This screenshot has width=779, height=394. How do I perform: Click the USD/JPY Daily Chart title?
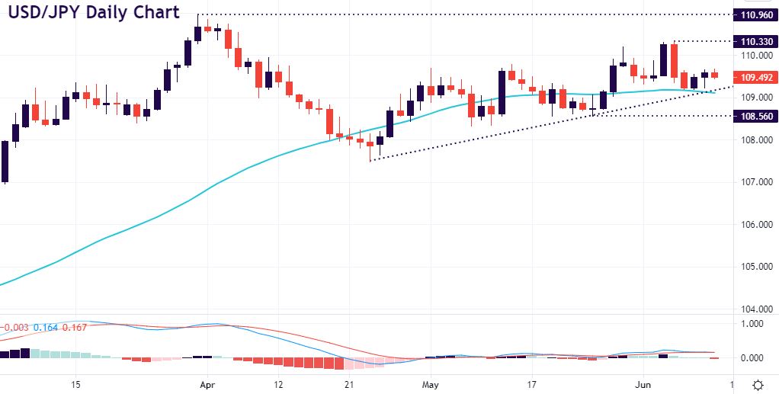pyautogui.click(x=92, y=13)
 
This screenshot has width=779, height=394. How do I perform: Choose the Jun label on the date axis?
pyautogui.click(x=643, y=384)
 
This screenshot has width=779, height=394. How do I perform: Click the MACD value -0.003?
pyautogui.click(x=15, y=327)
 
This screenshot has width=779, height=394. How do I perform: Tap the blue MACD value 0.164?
pyautogui.click(x=49, y=327)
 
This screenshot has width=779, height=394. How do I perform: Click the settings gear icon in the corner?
pyautogui.click(x=758, y=384)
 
